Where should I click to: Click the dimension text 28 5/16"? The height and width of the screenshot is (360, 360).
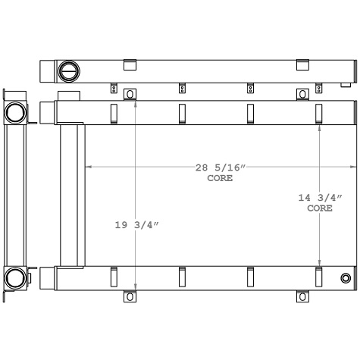click(220, 167)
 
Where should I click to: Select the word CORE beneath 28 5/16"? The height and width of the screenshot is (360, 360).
click(220, 179)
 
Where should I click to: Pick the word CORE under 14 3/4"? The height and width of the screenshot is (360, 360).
click(319, 208)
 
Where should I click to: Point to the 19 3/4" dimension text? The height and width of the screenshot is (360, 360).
click(136, 225)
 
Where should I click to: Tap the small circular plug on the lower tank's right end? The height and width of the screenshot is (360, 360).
click(346, 278)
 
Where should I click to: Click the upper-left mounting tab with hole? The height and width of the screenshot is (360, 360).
click(130, 94)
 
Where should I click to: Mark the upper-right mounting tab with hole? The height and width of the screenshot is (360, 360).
click(302, 94)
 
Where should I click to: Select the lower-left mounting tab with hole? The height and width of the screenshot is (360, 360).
click(130, 296)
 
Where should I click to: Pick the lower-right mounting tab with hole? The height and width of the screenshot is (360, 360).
click(302, 296)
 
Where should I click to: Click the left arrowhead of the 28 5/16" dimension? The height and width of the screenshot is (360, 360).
click(88, 166)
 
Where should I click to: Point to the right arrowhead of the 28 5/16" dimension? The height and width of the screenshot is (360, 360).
click(352, 166)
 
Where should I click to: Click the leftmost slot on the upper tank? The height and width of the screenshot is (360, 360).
click(113, 112)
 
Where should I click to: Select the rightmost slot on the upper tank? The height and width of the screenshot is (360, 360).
click(319, 112)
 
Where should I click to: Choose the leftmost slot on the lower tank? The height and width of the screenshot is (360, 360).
click(113, 277)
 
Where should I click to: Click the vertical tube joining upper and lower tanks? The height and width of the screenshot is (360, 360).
click(72, 196)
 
